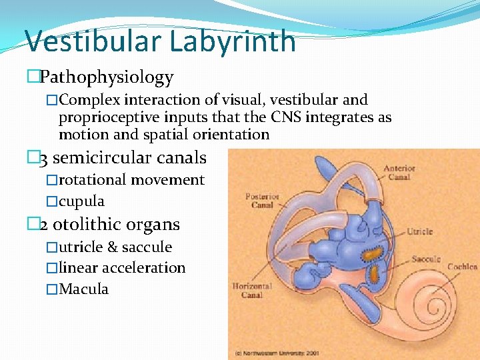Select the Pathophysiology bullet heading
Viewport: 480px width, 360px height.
pyautogui.click(x=106, y=77)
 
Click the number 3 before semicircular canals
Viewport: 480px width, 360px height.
pyautogui.click(x=43, y=159)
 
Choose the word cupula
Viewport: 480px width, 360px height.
pyautogui.click(x=81, y=201)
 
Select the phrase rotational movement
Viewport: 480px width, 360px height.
pyautogui.click(x=131, y=180)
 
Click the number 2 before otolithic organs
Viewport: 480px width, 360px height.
pyautogui.click(x=43, y=225)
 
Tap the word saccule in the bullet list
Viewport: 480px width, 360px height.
pyautogui.click(x=147, y=247)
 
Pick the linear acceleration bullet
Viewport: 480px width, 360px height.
pyautogui.click(x=122, y=268)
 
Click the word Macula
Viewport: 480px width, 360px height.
pyautogui.click(x=83, y=289)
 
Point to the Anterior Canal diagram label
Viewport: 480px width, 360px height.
pyautogui.click(x=399, y=173)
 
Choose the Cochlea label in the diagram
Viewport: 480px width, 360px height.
pyautogui.click(x=462, y=267)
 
